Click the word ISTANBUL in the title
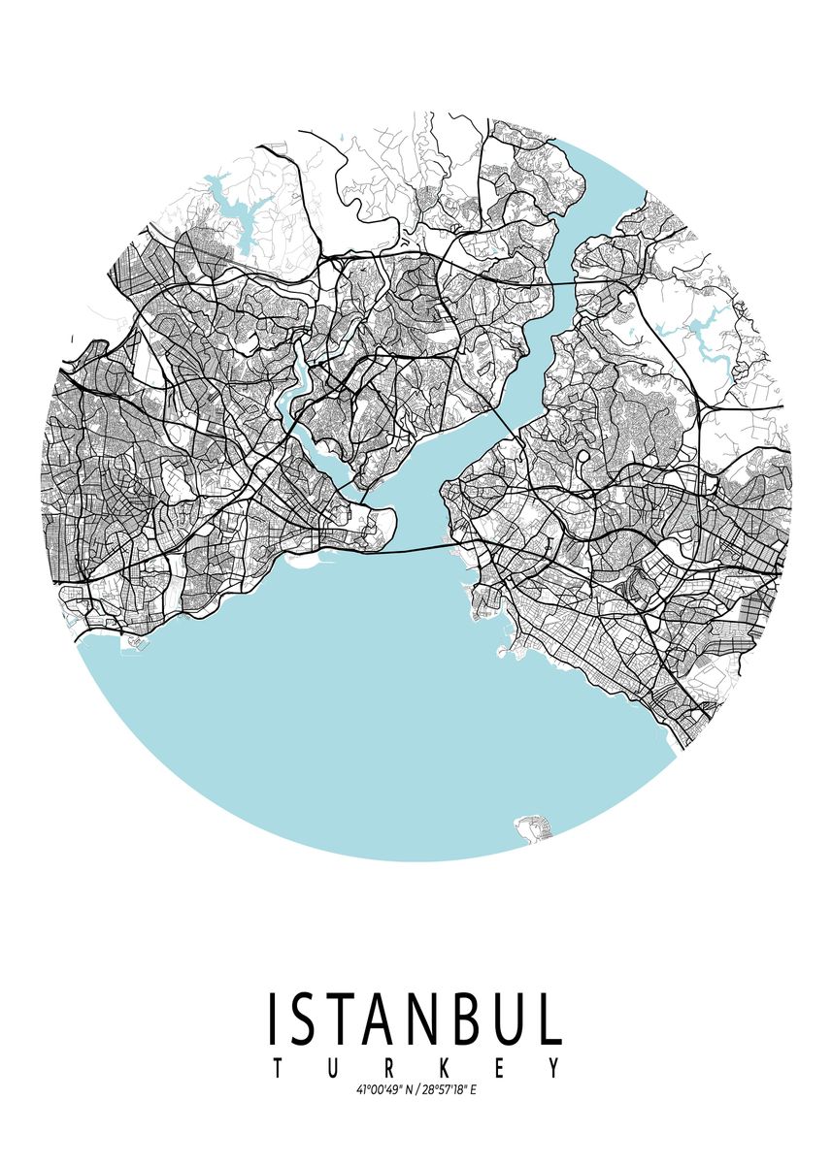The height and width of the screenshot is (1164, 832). [x=416, y=1018]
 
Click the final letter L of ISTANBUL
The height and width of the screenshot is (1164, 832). [x=550, y=1018]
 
